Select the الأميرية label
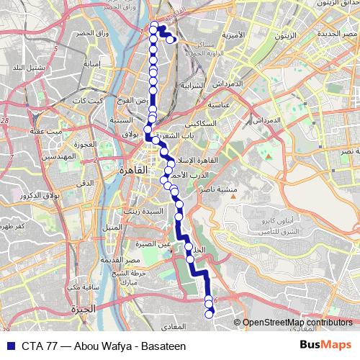point(235,35)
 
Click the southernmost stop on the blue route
point(210,313)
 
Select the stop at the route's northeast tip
point(170,40)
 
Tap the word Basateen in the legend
point(163,346)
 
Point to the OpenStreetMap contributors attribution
point(297,323)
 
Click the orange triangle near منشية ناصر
point(268,155)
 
